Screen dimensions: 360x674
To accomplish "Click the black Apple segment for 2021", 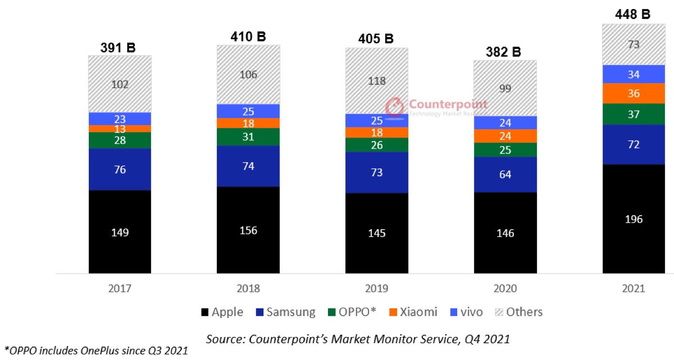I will tap(634, 219).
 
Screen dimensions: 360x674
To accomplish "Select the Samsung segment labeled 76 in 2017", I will tap(120, 169).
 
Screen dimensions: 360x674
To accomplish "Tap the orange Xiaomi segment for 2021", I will tap(634, 93).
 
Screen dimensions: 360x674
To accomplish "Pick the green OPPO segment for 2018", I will tap(248, 136).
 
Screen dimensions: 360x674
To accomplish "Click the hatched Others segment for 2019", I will tap(376, 80).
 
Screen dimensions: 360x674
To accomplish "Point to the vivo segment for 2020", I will tap(505, 122).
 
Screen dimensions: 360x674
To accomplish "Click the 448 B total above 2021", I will tap(634, 14).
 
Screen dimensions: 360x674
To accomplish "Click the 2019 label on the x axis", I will tap(376, 289).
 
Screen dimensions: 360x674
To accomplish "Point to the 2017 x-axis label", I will tap(120, 289).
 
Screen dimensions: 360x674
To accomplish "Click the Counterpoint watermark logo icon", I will tap(394, 106).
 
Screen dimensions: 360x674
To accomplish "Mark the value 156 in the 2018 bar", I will tap(248, 230).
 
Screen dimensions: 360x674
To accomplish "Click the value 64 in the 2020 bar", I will tap(505, 174).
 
